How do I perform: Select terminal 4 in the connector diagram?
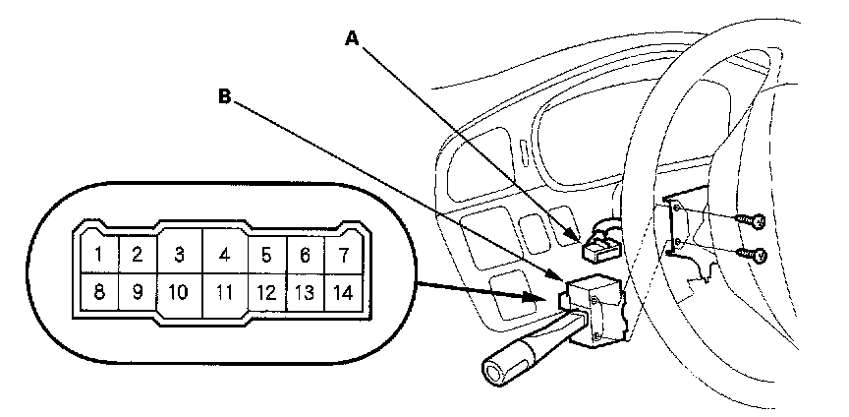point(224,256)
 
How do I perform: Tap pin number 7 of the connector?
point(343,256)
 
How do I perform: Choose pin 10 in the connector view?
point(178,292)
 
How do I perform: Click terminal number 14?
point(343,292)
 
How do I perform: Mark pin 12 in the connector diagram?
point(265,292)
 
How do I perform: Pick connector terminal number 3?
point(179,256)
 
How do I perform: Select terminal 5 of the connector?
point(265,256)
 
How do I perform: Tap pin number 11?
point(224,292)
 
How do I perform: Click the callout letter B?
point(224,96)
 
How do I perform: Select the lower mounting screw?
point(759,255)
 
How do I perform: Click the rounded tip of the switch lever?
point(492,371)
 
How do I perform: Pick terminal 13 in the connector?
point(305,292)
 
